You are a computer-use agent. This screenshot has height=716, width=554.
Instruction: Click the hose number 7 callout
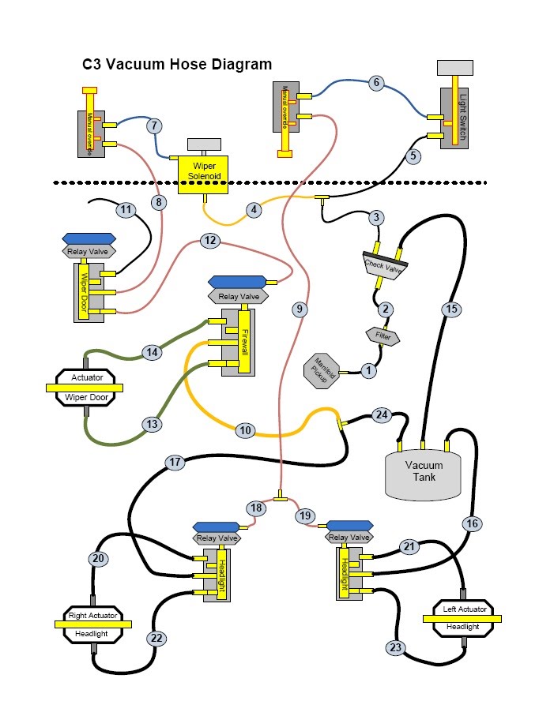(153, 126)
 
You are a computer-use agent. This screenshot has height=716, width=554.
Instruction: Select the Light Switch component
(454, 118)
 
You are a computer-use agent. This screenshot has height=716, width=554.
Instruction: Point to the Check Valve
(383, 265)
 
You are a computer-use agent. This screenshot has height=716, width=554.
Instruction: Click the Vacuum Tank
(424, 472)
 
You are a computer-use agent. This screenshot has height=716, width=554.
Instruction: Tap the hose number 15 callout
(450, 309)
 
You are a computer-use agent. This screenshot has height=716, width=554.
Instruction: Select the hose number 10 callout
(245, 430)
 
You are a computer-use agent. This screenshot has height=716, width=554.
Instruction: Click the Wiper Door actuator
(87, 388)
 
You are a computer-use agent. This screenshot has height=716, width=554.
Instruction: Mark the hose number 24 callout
(382, 414)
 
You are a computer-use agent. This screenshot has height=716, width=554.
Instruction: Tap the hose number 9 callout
(299, 309)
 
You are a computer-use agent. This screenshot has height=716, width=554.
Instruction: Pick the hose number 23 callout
(396, 647)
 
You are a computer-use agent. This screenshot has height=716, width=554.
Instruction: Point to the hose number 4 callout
(253, 210)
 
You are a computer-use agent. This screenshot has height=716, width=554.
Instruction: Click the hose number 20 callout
(97, 558)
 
